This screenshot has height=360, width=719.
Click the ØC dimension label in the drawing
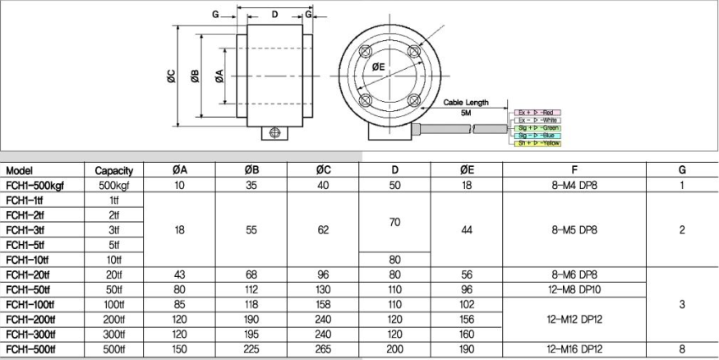[x=171, y=78]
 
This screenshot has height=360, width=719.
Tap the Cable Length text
[x=466, y=102]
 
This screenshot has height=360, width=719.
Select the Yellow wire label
[x=538, y=143]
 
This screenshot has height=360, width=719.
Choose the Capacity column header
[x=113, y=171]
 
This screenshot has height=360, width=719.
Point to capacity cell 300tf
[x=113, y=334]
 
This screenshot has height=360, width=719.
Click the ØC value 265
[x=323, y=348]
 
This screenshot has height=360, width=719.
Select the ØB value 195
[x=251, y=334]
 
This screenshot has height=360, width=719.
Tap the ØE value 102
[x=466, y=303]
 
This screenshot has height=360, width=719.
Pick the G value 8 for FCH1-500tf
[x=681, y=348]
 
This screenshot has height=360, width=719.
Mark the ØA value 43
[x=178, y=274]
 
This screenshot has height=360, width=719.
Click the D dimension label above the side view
[x=275, y=15]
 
